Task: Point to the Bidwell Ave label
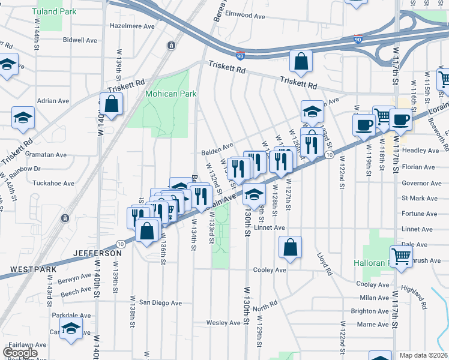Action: [80, 40]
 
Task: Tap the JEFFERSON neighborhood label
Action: [97, 254]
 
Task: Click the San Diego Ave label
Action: [160, 303]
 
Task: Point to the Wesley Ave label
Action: [223, 323]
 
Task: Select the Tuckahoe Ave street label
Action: [54, 183]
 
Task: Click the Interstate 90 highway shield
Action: [240, 56]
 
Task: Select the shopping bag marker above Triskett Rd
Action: [301, 61]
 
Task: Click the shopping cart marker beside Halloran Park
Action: [402, 256]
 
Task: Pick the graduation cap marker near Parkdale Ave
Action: [71, 329]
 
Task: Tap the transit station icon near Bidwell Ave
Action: [172, 46]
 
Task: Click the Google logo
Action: [20, 353]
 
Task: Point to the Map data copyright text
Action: [423, 355]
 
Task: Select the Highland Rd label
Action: [415, 298]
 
